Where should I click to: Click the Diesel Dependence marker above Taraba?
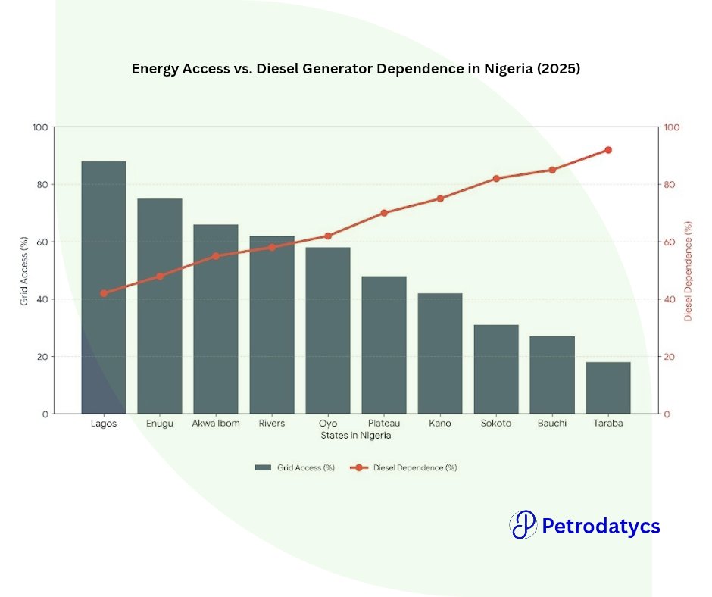point(607,150)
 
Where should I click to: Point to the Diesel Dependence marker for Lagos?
point(104,293)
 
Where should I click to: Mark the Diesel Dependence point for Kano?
point(440,198)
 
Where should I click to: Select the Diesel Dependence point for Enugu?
point(160,277)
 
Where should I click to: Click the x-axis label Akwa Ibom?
point(216,424)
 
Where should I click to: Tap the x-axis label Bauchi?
point(552,424)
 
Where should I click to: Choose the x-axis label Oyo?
point(328,424)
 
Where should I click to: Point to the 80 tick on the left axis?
point(40,185)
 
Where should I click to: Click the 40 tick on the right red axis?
point(670,299)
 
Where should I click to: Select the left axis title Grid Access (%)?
point(24,270)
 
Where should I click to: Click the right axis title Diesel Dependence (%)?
point(688,270)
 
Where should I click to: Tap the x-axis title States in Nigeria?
point(356,436)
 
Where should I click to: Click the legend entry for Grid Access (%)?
point(295,468)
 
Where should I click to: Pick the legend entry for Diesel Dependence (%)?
point(404,468)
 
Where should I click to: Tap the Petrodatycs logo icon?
point(523,525)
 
